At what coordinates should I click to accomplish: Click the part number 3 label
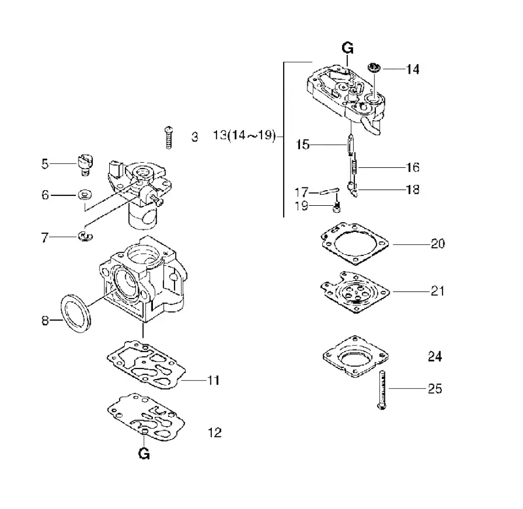point(194,137)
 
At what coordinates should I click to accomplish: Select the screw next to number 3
point(169,137)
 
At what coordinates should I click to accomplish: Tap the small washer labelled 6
point(85,194)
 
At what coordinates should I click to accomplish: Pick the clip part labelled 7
point(85,236)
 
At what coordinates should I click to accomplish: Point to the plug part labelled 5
point(85,165)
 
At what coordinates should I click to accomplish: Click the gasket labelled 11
point(146,365)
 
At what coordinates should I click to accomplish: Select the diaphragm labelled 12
point(146,417)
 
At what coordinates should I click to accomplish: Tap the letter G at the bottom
point(144,453)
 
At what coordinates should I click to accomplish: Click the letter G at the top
point(348,48)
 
